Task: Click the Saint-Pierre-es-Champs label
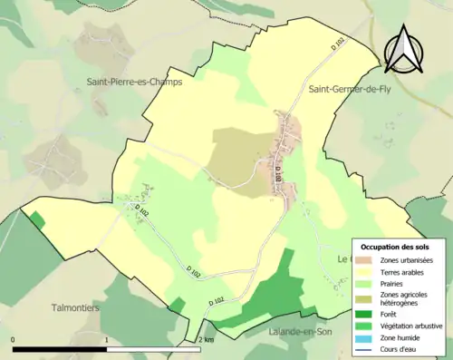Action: [134, 81]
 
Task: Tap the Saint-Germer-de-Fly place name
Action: [352, 88]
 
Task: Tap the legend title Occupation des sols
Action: [396, 247]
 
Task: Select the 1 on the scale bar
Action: [107, 340]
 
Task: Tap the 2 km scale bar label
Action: [205, 340]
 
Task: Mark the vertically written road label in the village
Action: [279, 181]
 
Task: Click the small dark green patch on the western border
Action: [36, 219]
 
